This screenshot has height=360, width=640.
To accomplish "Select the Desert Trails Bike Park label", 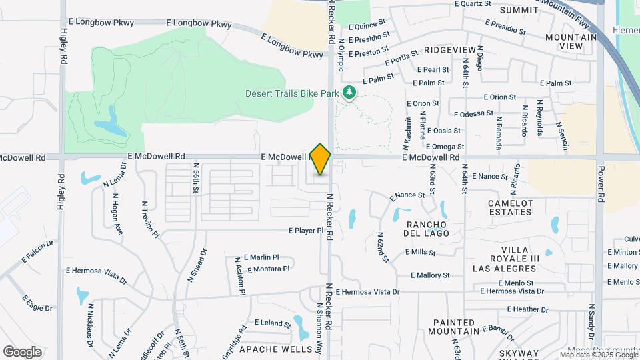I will coord(292,93).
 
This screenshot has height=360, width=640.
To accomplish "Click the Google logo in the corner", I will coord(22,351).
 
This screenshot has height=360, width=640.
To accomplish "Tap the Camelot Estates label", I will coord(511,207).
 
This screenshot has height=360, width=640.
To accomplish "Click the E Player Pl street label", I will coord(305,231).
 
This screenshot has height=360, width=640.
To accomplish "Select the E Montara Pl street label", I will coord(268,269).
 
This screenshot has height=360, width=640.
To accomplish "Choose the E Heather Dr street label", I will coord(527,309).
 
